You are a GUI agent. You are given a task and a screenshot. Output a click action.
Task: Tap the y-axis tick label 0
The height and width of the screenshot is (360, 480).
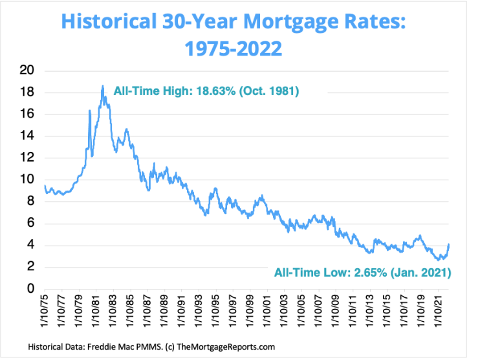point(30,289)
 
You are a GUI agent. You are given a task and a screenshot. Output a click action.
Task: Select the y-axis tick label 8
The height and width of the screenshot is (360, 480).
point(30,202)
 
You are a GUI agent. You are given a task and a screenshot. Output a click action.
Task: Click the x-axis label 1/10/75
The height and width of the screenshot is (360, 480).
point(44,313)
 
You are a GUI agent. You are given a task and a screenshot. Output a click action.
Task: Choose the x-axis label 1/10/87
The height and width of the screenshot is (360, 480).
point(146,313)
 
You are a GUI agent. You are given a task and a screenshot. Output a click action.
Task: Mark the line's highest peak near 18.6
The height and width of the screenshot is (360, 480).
point(102,86)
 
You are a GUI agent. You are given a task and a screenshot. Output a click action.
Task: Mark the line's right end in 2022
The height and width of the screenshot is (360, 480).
point(449,244)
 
